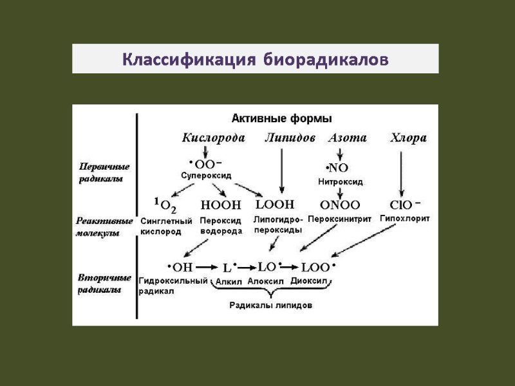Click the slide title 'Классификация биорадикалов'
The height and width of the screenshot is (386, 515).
(256, 60)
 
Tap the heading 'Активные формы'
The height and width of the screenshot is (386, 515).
(281, 118)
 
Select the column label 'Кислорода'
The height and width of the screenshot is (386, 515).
(213, 138)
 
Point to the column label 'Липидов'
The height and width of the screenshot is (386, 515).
(290, 138)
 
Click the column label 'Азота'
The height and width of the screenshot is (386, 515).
(348, 138)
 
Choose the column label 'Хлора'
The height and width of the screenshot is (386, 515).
(409, 138)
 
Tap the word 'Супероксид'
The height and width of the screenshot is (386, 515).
(205, 175)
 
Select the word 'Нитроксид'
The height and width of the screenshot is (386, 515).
(341, 182)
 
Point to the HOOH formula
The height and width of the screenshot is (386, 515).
(221, 206)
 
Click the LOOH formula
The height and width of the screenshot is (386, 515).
(275, 205)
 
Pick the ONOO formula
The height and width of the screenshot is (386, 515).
(339, 205)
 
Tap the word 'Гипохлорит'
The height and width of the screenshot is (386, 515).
(404, 219)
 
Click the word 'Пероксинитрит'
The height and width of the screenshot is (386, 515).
(340, 219)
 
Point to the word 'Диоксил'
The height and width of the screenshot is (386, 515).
(310, 281)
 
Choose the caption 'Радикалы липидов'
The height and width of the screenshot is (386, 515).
(271, 306)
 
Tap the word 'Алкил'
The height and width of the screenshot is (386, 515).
(227, 281)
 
